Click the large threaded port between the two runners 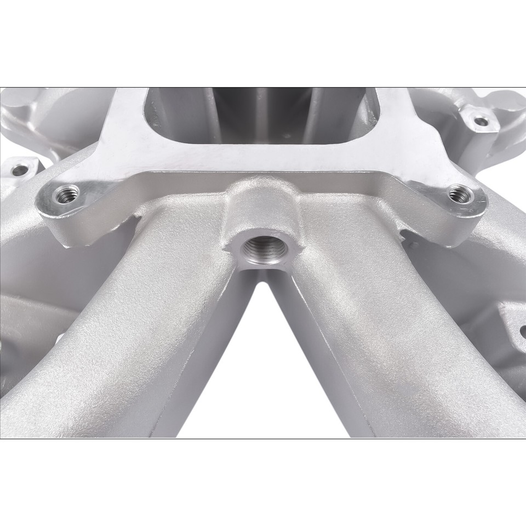pos(262,253)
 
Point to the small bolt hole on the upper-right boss pos(481,121)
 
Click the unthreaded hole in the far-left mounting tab pos(20,170)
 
